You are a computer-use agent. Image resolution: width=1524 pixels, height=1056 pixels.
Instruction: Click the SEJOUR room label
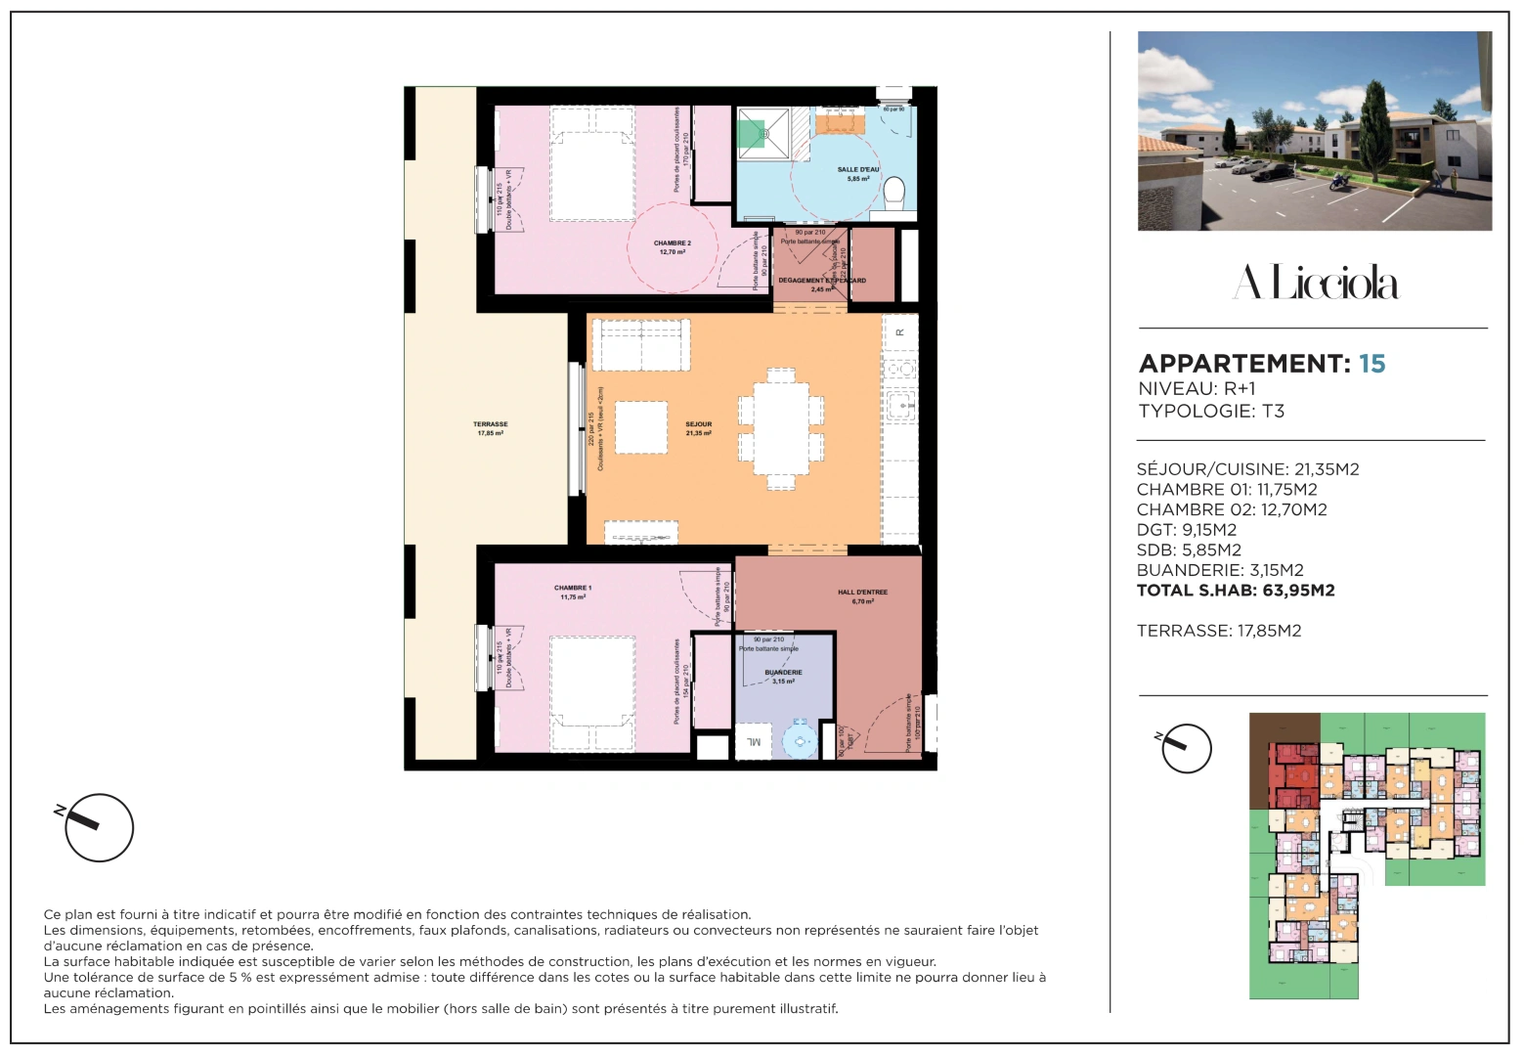tap(698, 428)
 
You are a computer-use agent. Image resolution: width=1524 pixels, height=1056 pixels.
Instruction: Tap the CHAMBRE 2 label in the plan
tap(672, 247)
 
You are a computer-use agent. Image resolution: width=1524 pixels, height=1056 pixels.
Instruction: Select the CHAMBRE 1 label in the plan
tap(573, 592)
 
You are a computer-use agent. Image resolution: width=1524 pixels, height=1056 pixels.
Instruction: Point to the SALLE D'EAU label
tap(857, 173)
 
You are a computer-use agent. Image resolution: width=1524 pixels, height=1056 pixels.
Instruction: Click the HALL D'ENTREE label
tap(862, 596)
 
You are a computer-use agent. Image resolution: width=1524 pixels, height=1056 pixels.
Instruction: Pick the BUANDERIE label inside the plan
tap(783, 677)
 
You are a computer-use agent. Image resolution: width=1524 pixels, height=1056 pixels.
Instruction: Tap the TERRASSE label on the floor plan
tap(490, 428)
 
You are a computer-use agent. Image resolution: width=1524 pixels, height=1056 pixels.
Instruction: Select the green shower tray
tap(752, 134)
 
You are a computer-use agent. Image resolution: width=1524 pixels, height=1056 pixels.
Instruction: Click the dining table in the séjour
tap(781, 428)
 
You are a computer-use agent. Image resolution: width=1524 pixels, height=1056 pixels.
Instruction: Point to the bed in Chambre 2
tap(592, 163)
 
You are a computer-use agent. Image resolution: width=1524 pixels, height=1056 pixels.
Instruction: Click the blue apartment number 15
tap(1372, 364)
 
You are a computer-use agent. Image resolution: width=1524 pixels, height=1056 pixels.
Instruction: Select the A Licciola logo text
tap(1315, 283)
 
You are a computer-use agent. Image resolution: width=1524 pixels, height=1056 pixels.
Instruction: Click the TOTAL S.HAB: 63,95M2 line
tap(1235, 591)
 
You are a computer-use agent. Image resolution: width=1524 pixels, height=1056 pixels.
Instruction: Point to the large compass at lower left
tap(99, 827)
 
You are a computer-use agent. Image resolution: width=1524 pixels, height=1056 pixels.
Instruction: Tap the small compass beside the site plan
tap(1187, 748)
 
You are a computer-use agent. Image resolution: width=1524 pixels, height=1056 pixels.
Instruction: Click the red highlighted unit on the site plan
tap(1293, 774)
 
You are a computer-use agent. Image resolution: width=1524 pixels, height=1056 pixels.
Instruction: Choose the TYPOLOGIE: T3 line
tap(1210, 411)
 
